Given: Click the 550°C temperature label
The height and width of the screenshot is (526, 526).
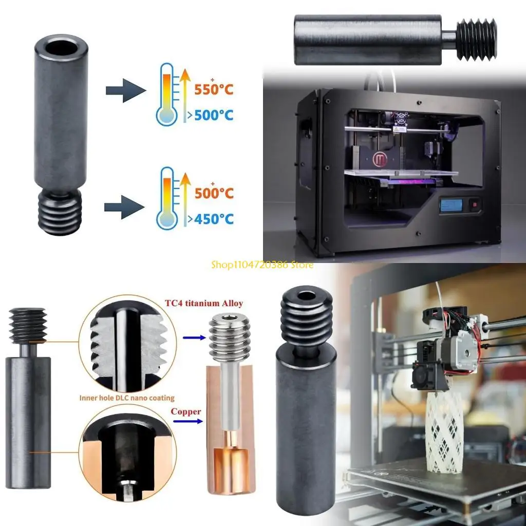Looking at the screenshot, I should tap(214, 89).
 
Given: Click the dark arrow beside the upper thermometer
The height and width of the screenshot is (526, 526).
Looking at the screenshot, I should tap(124, 90).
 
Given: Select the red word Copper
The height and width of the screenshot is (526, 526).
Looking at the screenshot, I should tap(185, 411).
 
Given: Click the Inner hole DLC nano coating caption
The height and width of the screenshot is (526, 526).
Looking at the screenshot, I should tap(126, 398).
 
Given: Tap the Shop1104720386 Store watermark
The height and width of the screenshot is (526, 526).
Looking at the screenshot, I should tap(262, 265).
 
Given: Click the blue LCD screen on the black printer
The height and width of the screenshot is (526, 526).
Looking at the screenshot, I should tap(452, 205).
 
